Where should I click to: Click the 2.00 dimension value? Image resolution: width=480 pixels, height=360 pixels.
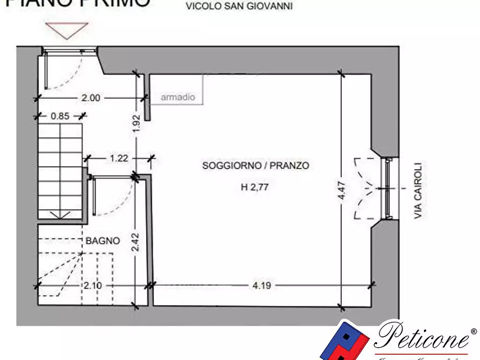[x=91, y=98]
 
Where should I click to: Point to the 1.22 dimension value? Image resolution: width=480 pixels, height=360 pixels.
[x=119, y=158]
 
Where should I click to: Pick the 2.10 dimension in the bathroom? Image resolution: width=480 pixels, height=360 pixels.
[x=92, y=285]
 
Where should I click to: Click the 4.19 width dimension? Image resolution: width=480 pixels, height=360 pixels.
[x=261, y=285]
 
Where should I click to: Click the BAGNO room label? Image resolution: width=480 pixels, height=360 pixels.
[x=102, y=241]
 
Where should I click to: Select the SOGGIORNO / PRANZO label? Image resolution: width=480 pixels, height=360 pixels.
[x=255, y=165]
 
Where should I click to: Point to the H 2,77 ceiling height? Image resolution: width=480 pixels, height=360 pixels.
[x=255, y=188]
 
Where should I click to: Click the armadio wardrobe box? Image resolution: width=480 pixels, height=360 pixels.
[x=178, y=97]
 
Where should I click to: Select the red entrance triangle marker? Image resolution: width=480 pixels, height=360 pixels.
[x=66, y=30]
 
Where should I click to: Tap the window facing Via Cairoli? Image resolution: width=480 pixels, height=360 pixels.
[x=387, y=189]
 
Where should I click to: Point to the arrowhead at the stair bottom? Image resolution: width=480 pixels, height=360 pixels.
[x=60, y=215]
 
